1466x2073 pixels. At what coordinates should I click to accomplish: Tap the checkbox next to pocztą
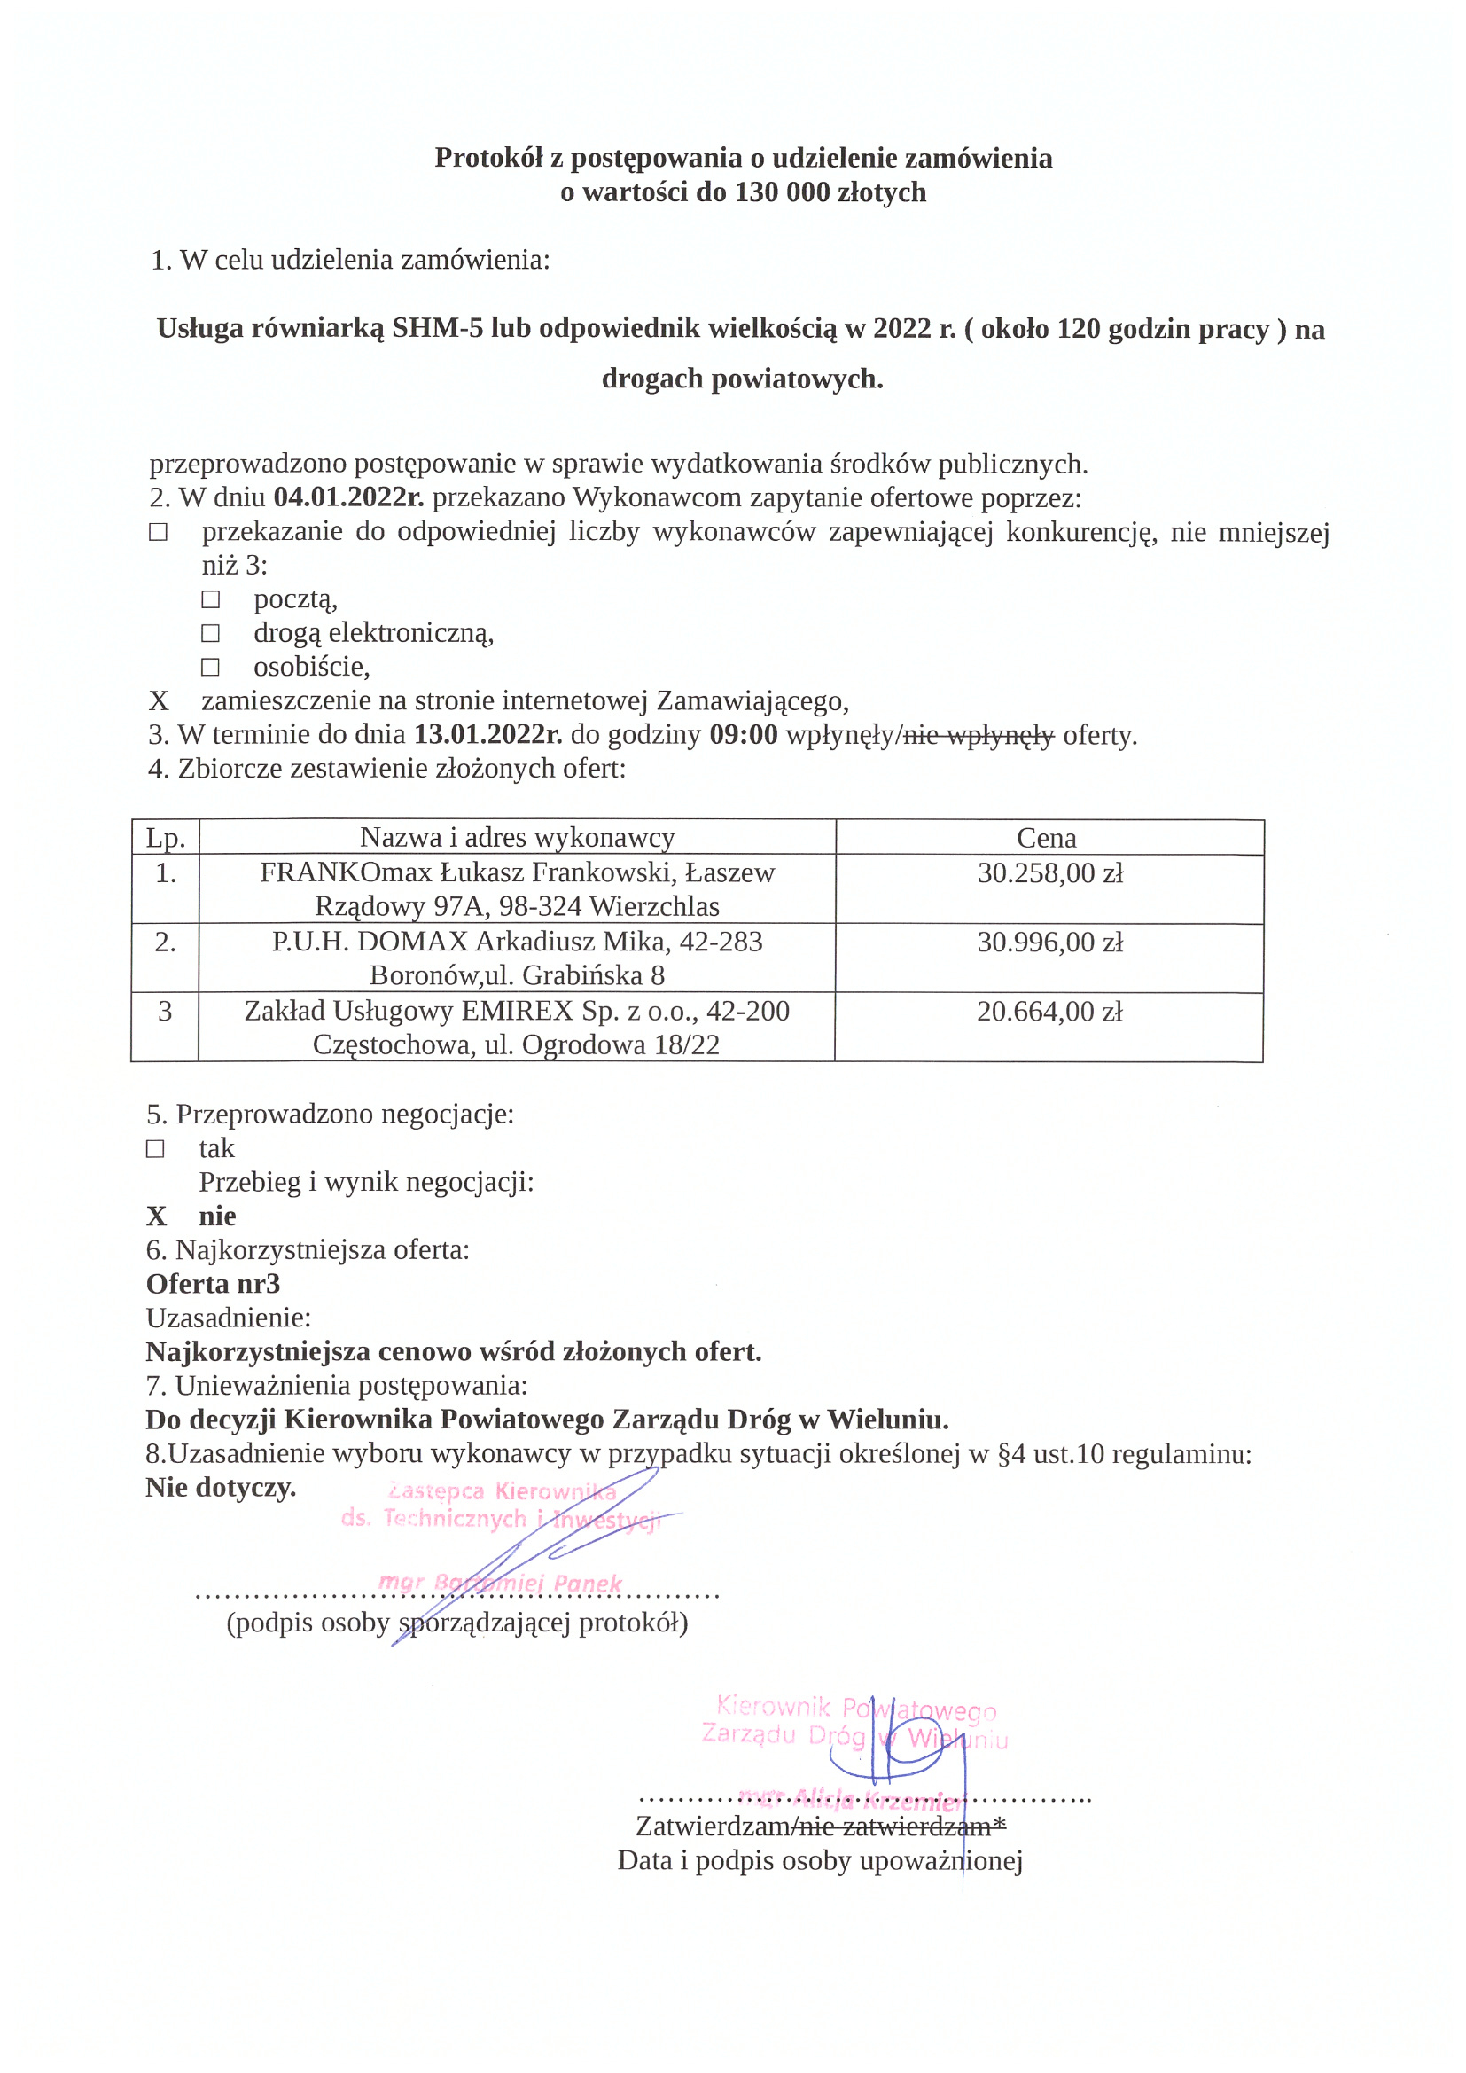pyautogui.click(x=210, y=599)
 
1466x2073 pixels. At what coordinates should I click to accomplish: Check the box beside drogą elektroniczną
pyautogui.click(x=210, y=633)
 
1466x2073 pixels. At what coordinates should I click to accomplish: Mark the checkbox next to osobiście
pyautogui.click(x=210, y=668)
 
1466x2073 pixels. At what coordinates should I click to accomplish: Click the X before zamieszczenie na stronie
pyautogui.click(x=159, y=701)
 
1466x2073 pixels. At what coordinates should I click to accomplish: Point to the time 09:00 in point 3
pyautogui.click(x=743, y=735)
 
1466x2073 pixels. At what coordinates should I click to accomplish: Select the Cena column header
pyautogui.click(x=1046, y=838)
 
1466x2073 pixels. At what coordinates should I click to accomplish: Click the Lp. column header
pyautogui.click(x=165, y=838)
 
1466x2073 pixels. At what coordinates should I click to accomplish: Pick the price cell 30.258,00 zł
pyautogui.click(x=1049, y=873)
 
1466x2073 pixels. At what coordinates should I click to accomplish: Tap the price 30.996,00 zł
pyautogui.click(x=1049, y=943)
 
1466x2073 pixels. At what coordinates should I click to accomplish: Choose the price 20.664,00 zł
pyautogui.click(x=1049, y=1011)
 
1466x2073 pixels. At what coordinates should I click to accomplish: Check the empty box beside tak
pyautogui.click(x=155, y=1148)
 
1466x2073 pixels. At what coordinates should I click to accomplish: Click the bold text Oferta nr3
pyautogui.click(x=213, y=1284)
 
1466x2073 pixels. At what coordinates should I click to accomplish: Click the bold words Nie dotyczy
pyautogui.click(x=222, y=1487)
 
